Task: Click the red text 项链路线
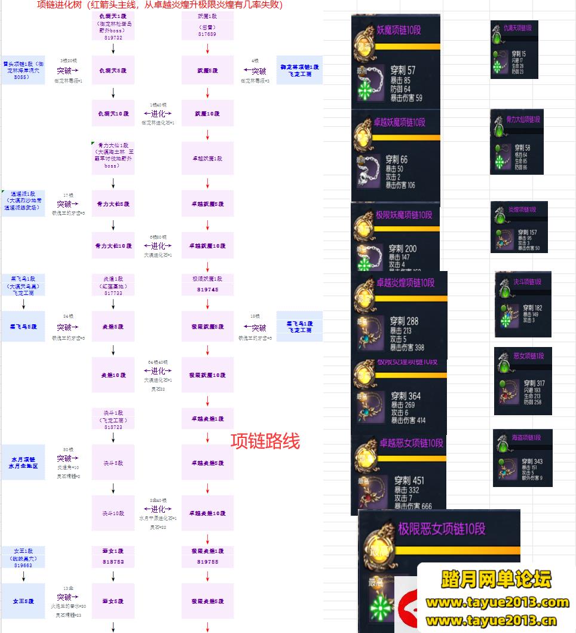click(265, 441)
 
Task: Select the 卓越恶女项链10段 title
click(411, 443)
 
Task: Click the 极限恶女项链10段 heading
click(442, 528)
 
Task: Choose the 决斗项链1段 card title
click(526, 281)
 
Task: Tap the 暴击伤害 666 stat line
click(413, 506)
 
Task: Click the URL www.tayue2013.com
click(497, 602)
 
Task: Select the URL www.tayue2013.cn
click(497, 620)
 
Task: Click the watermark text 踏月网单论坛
click(496, 579)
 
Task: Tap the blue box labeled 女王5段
click(23, 601)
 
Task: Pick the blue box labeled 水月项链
click(23, 462)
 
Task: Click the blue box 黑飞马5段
click(23, 327)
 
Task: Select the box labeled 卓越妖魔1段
click(207, 159)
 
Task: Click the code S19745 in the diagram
click(207, 290)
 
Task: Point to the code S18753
click(114, 562)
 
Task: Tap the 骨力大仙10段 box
click(114, 245)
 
